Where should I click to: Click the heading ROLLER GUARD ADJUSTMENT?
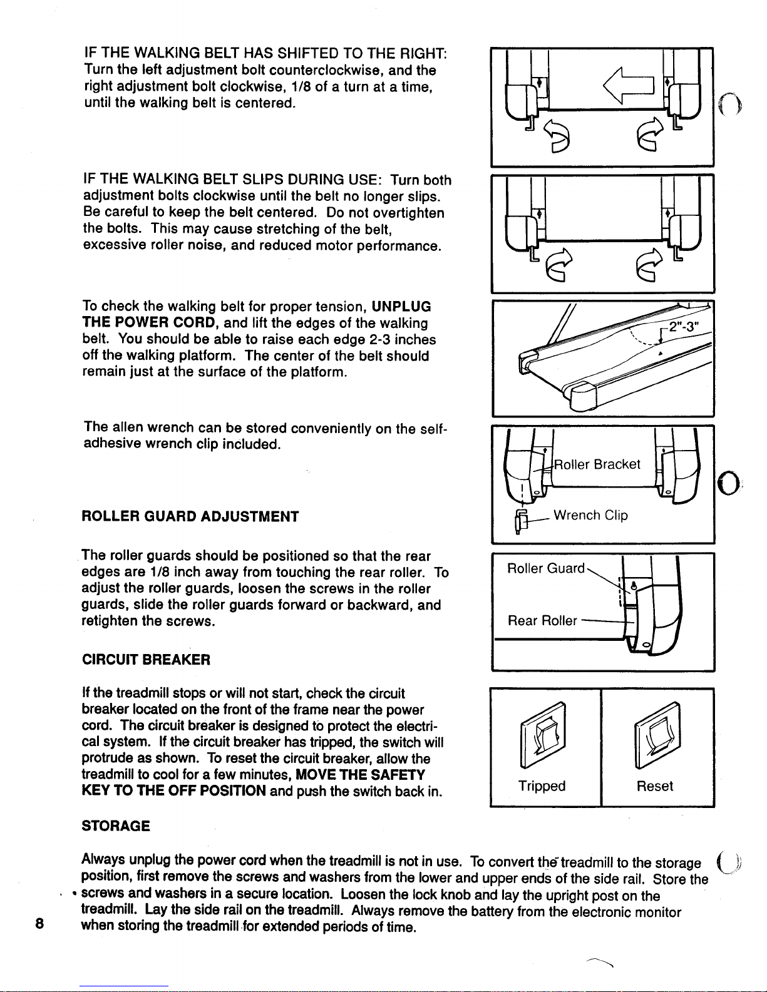(190, 516)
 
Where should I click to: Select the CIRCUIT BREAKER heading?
(146, 660)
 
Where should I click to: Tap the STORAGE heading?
(115, 826)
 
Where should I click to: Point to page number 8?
(39, 924)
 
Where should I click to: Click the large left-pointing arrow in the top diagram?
(628, 85)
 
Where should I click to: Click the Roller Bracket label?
(597, 464)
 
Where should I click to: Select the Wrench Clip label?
(590, 515)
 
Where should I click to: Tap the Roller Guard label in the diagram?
(545, 568)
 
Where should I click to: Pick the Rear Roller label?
(542, 621)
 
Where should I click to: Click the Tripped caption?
(542, 785)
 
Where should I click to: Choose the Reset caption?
(655, 785)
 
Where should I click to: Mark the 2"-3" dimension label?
(684, 327)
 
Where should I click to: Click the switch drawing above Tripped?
(543, 735)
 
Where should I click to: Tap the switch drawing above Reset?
(657, 735)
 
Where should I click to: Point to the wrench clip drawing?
(521, 521)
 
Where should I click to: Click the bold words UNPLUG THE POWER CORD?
(257, 314)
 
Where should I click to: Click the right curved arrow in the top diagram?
(650, 134)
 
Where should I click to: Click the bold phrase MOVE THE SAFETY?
(360, 775)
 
